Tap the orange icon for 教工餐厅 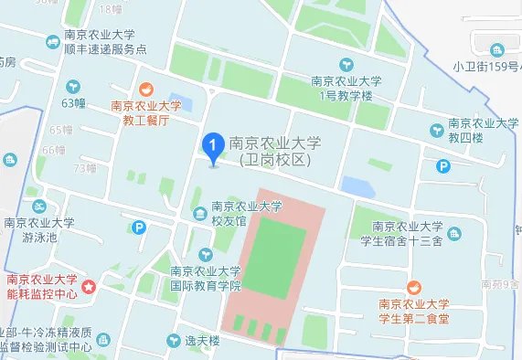point(144,90)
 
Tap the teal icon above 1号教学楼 point(346,65)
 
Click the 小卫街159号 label point(486,66)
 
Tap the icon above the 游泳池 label point(37,207)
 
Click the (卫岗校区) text point(272,159)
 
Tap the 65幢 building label point(61,130)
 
